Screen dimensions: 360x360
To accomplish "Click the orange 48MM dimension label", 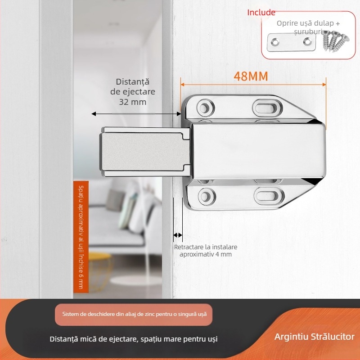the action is tap(251, 76).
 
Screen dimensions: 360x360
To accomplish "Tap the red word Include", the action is tap(261, 13).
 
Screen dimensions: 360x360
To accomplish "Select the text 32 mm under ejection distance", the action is tap(132, 102).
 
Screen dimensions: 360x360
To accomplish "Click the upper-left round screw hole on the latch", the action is tap(205, 108).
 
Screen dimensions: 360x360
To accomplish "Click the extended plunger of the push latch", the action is tap(145, 152).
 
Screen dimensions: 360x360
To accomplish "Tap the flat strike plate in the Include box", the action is tap(291, 42).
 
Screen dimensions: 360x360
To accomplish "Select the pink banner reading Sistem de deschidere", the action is tap(134, 314).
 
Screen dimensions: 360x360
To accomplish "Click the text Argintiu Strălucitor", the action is tap(314, 337).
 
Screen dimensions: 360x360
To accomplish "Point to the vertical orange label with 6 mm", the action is tap(81, 237).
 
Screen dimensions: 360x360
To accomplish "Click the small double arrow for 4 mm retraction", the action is tap(178, 235).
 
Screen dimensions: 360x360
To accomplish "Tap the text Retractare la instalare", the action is tap(206, 247).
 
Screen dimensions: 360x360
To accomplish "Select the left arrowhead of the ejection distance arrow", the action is tap(94, 114).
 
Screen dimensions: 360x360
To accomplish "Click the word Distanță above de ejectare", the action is tap(132, 82).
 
